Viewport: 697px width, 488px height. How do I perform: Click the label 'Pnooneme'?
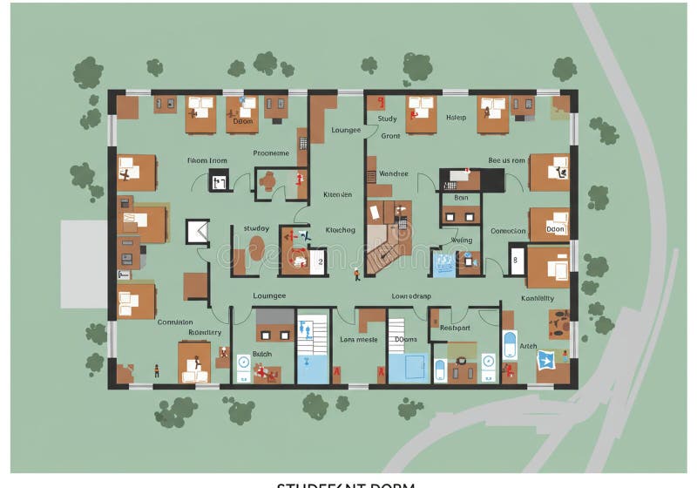pyautogui.click(x=270, y=153)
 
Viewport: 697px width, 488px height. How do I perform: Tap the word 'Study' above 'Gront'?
pyautogui.click(x=387, y=119)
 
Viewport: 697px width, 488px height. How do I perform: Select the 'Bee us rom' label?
pyautogui.click(x=506, y=160)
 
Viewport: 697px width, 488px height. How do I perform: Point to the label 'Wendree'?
pyautogui.click(x=393, y=173)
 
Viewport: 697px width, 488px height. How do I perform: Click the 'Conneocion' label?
pyautogui.click(x=508, y=231)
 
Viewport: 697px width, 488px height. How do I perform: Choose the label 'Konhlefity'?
pyautogui.click(x=538, y=298)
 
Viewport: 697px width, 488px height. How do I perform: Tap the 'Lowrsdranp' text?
pyautogui.click(x=411, y=295)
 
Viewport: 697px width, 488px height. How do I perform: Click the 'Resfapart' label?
pyautogui.click(x=455, y=328)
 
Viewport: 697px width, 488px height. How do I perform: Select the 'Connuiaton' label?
pyautogui.click(x=175, y=322)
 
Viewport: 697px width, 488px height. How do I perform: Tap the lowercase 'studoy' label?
pyautogui.click(x=256, y=228)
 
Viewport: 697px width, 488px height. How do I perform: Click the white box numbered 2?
pyautogui.click(x=321, y=261)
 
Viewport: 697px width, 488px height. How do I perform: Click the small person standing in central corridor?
pyautogui.click(x=356, y=275)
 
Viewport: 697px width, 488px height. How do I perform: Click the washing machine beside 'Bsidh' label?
pyautogui.click(x=243, y=361)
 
